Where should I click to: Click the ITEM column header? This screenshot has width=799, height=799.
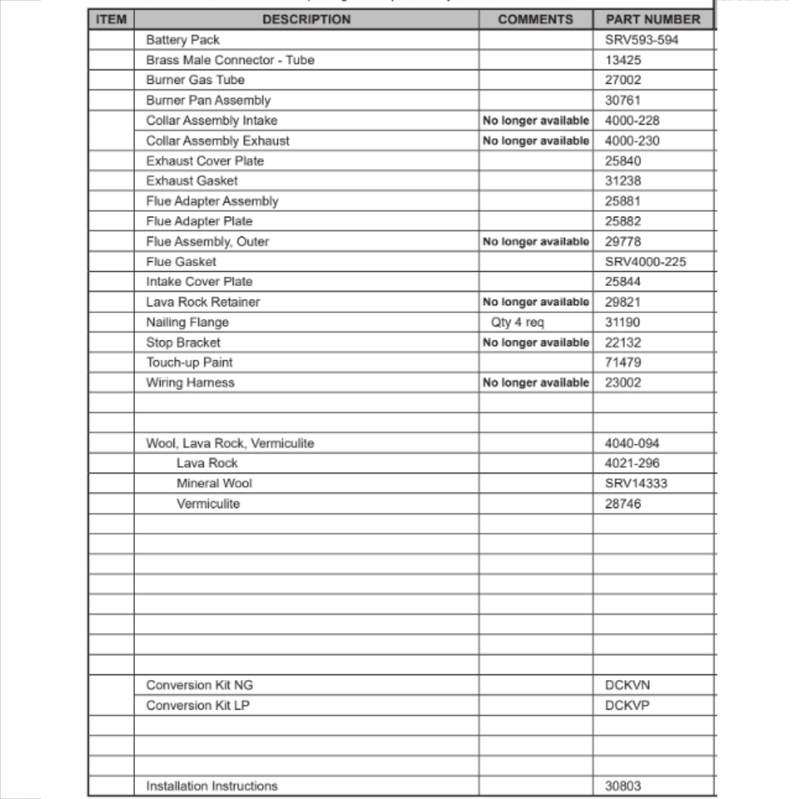pos(111,19)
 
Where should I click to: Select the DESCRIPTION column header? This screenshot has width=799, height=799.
pos(306,19)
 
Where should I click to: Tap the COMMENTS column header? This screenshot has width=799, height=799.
pos(535,19)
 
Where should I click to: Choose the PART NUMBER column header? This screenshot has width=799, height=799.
pos(653,19)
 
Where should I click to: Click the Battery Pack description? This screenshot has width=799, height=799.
pos(183,40)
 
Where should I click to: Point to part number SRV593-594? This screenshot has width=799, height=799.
pos(642,40)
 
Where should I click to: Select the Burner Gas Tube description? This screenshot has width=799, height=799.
pos(195,80)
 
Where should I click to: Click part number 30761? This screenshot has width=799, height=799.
pos(623,101)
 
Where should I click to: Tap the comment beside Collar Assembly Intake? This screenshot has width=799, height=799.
pos(536,121)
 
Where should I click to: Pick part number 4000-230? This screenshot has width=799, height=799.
pos(633,141)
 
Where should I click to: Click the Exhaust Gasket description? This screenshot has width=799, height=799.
pos(192,181)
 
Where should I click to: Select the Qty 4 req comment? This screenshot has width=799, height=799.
pos(518,322)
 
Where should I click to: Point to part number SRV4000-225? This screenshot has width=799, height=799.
pos(646,261)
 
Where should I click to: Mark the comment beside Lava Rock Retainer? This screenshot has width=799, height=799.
pos(536,302)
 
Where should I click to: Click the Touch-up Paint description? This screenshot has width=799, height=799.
pos(189,362)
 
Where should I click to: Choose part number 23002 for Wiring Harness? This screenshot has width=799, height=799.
pos(623,383)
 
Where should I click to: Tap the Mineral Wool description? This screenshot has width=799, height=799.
pos(214,483)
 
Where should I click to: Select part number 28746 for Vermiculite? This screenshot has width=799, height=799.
pos(623,504)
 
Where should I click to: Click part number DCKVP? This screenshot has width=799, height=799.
pos(622,706)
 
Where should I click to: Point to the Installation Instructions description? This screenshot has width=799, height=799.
pos(212,786)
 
